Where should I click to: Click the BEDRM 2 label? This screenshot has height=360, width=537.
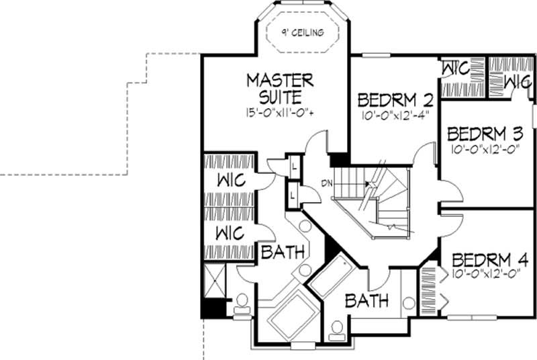click(394, 100)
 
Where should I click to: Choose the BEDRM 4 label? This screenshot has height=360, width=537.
click(490, 260)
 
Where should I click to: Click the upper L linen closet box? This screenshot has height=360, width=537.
click(294, 165)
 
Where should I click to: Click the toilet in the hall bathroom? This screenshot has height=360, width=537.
click(337, 329)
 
